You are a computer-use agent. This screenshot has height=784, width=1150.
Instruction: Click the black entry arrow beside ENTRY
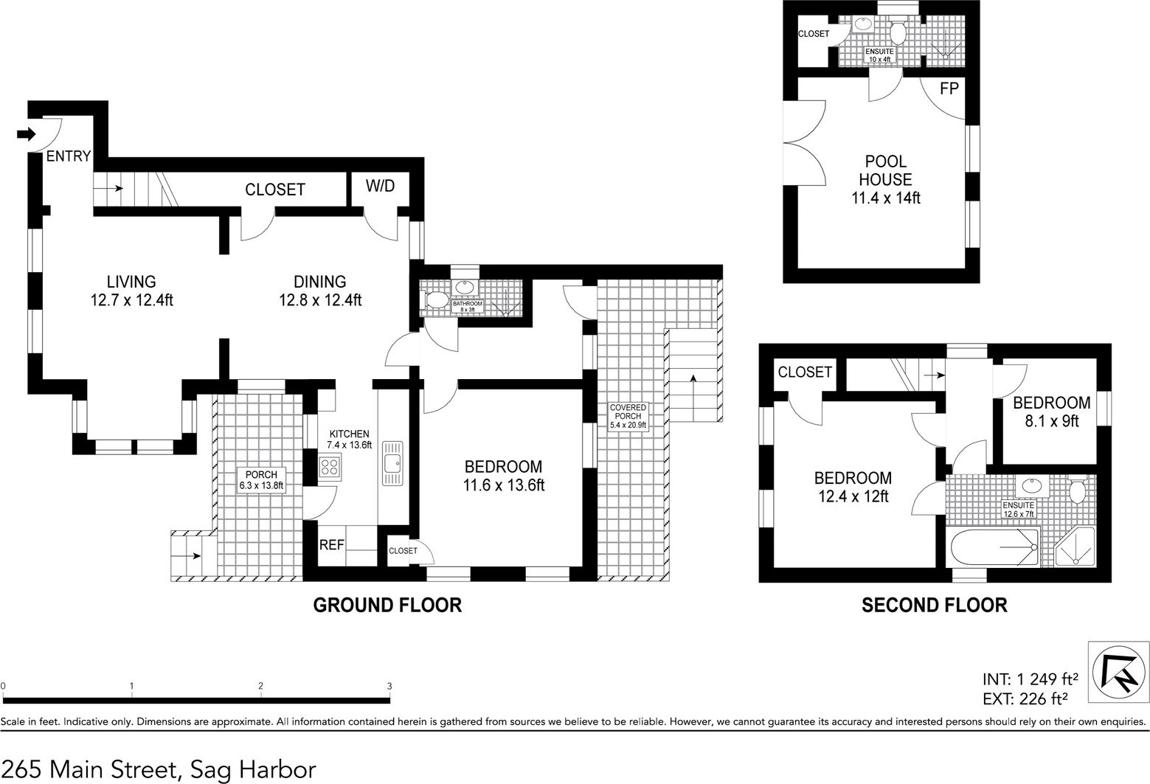(26, 134)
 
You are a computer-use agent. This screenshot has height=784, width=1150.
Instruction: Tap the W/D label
(381, 186)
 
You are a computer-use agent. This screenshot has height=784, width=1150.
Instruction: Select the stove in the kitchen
(329, 467)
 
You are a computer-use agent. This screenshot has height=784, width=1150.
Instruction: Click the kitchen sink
(392, 463)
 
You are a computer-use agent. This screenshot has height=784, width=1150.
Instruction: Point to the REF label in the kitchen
(332, 545)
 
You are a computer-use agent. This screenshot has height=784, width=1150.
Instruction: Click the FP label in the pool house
(949, 89)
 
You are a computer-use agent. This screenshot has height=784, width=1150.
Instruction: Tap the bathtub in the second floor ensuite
(994, 547)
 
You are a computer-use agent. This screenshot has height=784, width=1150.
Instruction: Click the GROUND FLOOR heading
(387, 606)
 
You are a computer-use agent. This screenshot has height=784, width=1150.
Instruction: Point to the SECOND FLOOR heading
(935, 606)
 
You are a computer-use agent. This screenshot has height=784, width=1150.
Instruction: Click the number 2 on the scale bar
(261, 686)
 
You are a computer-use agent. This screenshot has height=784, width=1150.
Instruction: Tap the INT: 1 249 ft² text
(1030, 679)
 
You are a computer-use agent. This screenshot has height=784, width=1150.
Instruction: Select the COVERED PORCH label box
(628, 417)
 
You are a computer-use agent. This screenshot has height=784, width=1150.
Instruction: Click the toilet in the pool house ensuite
(898, 30)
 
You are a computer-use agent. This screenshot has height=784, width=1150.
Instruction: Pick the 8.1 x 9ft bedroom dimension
(1051, 422)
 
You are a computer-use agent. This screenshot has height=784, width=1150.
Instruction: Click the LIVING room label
(131, 282)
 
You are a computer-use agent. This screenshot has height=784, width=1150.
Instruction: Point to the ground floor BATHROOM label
(467, 303)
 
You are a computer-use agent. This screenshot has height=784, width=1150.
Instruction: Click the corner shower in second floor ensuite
(1073, 547)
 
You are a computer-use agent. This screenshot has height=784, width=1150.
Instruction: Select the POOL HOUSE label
(886, 170)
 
